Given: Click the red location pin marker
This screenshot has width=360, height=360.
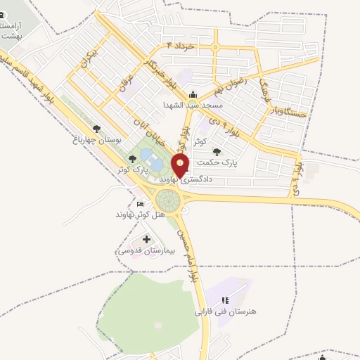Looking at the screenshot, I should pyautogui.click(x=181, y=166).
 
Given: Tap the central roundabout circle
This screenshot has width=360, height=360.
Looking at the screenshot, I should pyautogui.click(x=169, y=200).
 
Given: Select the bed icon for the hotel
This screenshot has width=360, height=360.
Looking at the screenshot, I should pyautogui.click(x=140, y=203).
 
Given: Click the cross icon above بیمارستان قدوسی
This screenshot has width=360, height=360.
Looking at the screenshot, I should pyautogui.click(x=146, y=240).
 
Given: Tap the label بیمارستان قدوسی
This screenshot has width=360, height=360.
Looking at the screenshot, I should pyautogui.click(x=141, y=250).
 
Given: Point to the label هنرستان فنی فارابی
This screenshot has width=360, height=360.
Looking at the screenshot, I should pyautogui.click(x=221, y=310).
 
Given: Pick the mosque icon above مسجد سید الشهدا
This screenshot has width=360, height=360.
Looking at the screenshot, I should pyautogui.click(x=193, y=95).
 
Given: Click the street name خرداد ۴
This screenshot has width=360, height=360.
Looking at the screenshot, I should pyautogui.click(x=180, y=44).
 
